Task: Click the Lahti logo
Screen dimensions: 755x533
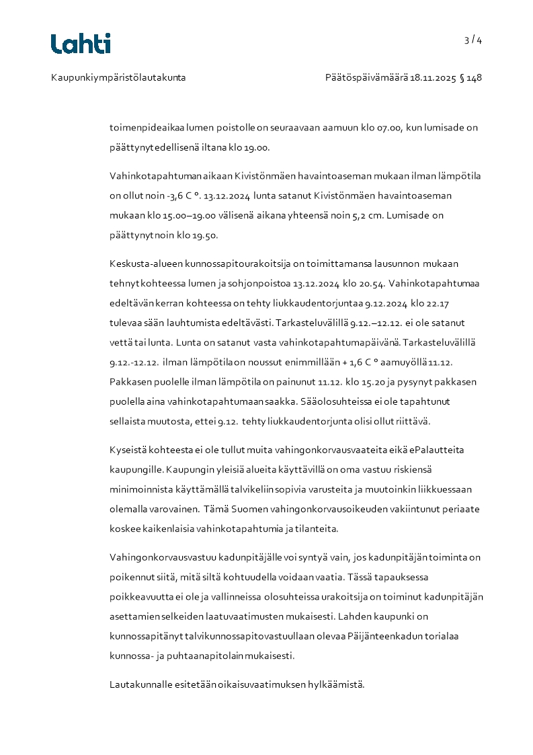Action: click(81, 44)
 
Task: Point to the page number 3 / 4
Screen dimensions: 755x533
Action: click(473, 40)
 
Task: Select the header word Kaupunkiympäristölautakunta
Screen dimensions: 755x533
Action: click(118, 78)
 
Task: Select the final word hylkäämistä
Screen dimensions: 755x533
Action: click(336, 684)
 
